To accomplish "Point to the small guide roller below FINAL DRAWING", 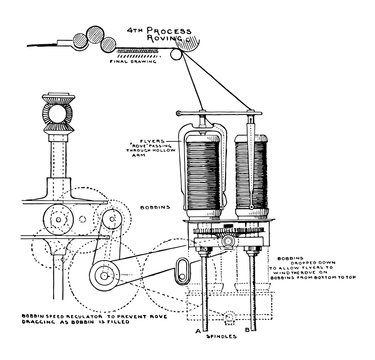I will coord(177,60).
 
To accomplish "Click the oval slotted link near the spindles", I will coord(182,269).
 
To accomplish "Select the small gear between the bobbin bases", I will coord(227,231).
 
